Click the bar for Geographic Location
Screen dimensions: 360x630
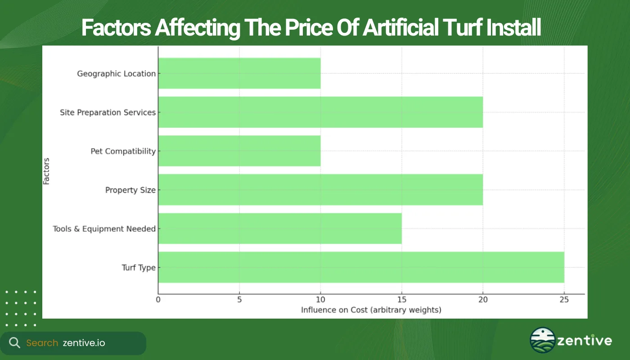[x=239, y=73]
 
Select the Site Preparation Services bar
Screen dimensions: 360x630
[x=320, y=112]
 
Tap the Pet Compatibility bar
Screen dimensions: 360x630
[x=239, y=151]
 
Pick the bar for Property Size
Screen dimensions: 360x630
[x=320, y=190]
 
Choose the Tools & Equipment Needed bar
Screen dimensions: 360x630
[x=280, y=229]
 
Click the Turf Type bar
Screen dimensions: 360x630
[x=361, y=267]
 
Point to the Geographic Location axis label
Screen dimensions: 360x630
[x=116, y=74]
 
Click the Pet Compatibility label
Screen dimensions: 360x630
[x=123, y=151]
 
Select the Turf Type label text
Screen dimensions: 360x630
[x=139, y=268]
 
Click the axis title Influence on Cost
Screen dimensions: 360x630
[x=371, y=310]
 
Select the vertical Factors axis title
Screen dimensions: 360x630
[x=46, y=171]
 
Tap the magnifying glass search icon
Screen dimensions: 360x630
[x=14, y=343]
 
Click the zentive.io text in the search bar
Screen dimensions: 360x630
[x=84, y=343]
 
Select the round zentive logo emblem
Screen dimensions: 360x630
[x=543, y=340]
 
